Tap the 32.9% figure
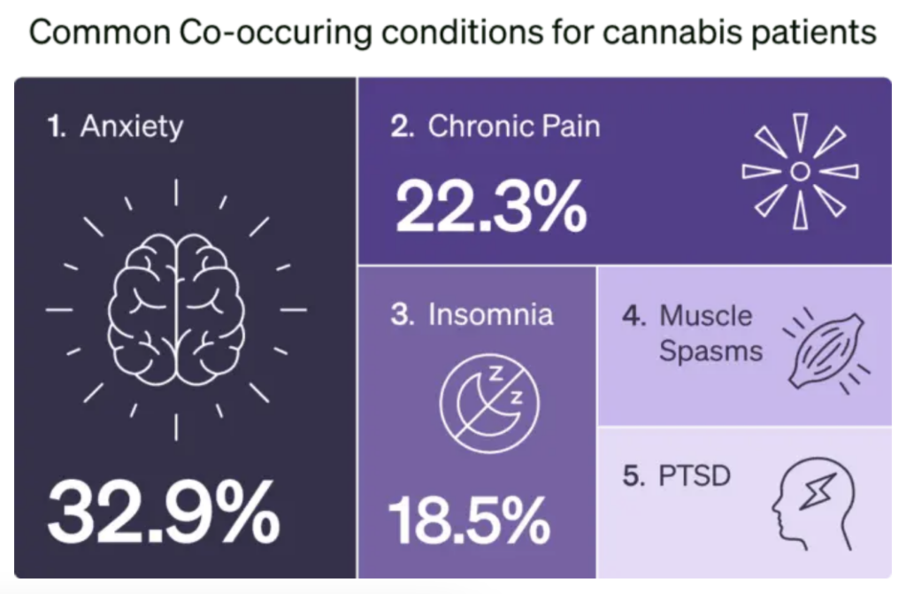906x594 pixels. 163,513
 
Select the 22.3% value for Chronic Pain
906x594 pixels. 490,205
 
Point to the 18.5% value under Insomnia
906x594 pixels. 469,521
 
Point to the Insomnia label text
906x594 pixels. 490,315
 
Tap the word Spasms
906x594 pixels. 710,351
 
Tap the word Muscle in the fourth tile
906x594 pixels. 705,316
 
